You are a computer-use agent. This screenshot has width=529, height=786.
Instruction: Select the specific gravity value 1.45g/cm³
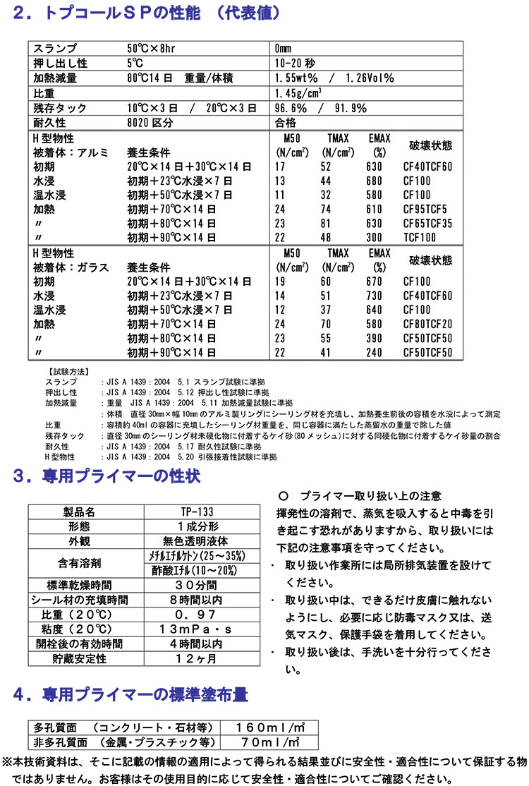click(x=299, y=93)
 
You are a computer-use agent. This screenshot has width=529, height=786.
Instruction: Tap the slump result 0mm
click(x=284, y=49)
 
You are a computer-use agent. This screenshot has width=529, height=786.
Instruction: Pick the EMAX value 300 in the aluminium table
click(x=375, y=238)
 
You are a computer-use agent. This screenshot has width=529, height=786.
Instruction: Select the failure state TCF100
click(x=420, y=238)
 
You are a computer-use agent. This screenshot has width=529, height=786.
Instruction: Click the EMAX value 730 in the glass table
click(x=375, y=296)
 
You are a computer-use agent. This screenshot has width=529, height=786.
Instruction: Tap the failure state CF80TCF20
click(x=427, y=324)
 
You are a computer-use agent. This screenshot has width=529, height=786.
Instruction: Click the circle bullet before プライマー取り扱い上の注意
click(x=284, y=496)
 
